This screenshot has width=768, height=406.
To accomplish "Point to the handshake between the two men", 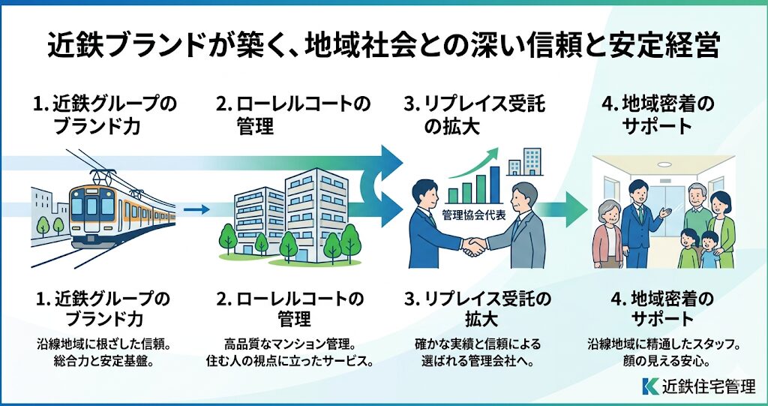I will (x=473, y=245).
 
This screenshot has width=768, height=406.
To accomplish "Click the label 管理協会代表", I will (x=473, y=212).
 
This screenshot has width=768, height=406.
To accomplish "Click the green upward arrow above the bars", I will (x=480, y=161).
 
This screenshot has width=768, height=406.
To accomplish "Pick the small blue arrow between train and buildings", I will (x=197, y=209).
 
